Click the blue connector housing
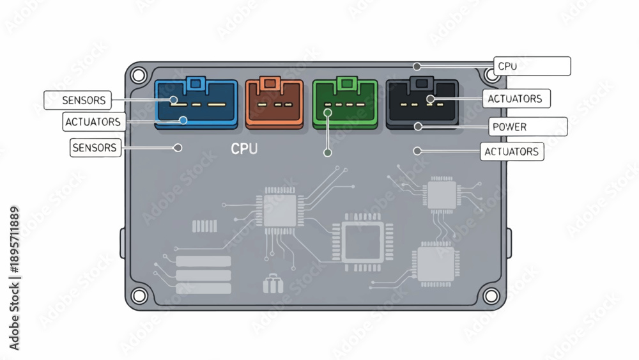click(196, 103)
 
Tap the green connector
click(345, 103)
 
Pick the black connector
click(422, 103)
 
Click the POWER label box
click(528, 127)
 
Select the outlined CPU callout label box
click(532, 66)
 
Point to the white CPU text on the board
click(244, 149)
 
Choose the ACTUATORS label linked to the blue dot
click(94, 122)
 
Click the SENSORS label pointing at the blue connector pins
click(77, 100)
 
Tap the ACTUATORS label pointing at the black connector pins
click(516, 98)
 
